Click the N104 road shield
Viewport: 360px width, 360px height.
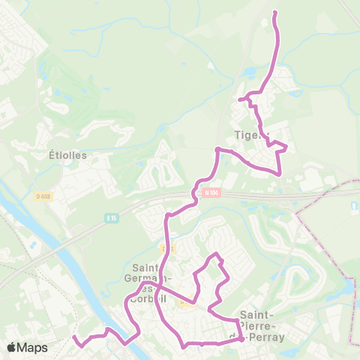pos(211,192)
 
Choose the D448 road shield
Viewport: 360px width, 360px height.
pos(43,196)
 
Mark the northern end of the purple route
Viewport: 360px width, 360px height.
pos(274,13)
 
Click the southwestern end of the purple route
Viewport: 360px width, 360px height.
pos(74,338)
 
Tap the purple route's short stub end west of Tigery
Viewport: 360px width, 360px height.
pos(240,99)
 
